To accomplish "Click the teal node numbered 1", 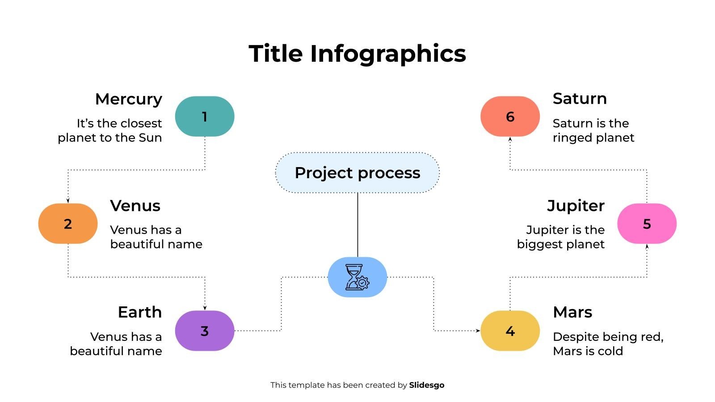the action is (x=205, y=117).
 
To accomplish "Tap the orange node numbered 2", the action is (x=67, y=223).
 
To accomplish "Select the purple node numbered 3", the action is (x=205, y=331).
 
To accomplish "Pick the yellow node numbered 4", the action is (x=510, y=331).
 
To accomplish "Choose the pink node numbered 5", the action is (x=647, y=223).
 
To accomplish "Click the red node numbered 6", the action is (x=510, y=117).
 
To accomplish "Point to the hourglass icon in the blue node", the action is (x=357, y=277).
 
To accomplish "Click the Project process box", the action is (x=357, y=172).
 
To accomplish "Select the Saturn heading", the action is (x=580, y=99).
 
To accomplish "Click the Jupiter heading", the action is (x=576, y=206).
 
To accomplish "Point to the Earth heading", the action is (x=140, y=312).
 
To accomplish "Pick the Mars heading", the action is (x=572, y=312).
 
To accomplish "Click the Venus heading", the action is (x=135, y=206).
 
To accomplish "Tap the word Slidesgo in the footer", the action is (x=427, y=385).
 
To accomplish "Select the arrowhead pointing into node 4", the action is (x=478, y=331).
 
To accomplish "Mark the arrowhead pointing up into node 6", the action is (x=510, y=139).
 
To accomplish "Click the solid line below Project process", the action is (x=357, y=225).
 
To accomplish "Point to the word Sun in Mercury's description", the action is (x=150, y=138).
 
